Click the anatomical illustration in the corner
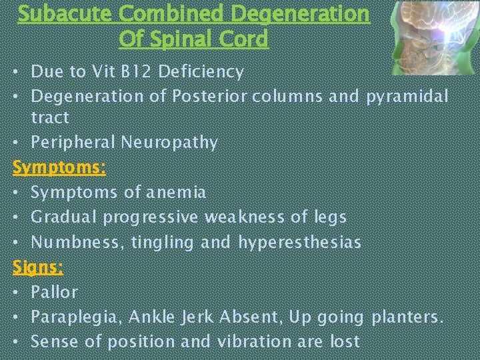click(x=433, y=37)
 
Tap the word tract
click(x=50, y=117)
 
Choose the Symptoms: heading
click(x=59, y=167)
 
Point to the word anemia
click(x=175, y=192)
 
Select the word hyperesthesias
click(x=299, y=242)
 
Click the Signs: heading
click(x=38, y=267)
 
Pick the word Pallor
click(x=54, y=292)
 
